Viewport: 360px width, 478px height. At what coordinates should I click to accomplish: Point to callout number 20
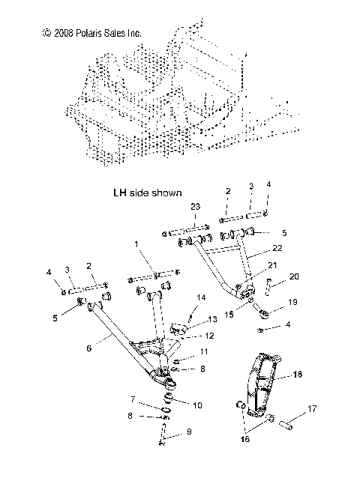[x=294, y=276]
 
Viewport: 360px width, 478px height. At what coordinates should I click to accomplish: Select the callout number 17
[x=312, y=410]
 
